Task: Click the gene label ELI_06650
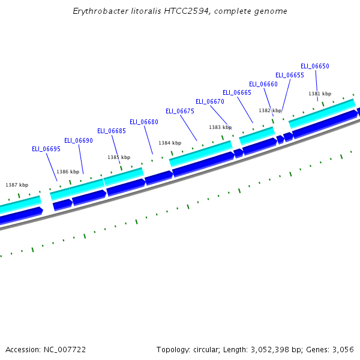coord(314,66)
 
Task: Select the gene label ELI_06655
coord(289,75)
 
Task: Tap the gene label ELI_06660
coord(263,84)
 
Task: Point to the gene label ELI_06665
coord(236,92)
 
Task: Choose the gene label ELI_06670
coord(209,101)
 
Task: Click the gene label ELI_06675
coord(179,111)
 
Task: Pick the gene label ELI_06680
coord(143,122)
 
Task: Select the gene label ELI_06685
coord(111,131)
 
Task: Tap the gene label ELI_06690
coord(78,140)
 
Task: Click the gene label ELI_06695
coord(46,149)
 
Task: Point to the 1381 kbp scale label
coord(320,94)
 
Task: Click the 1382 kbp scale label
coord(270,110)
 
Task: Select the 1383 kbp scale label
coord(220,127)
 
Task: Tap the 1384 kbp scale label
coord(169,143)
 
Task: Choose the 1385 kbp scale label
coord(119,157)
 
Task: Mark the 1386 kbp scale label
coord(68,172)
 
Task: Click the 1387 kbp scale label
coord(17,185)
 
